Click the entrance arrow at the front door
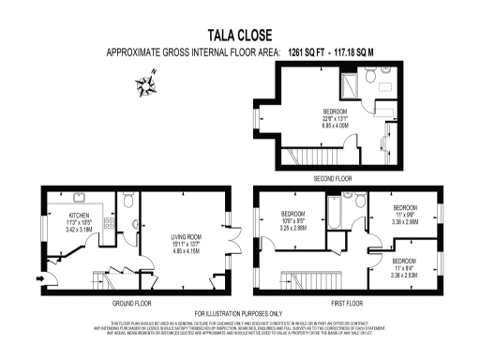pos(37,277)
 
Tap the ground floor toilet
pos(129,199)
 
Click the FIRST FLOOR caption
pos(348,302)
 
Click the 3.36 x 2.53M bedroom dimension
pos(406,275)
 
